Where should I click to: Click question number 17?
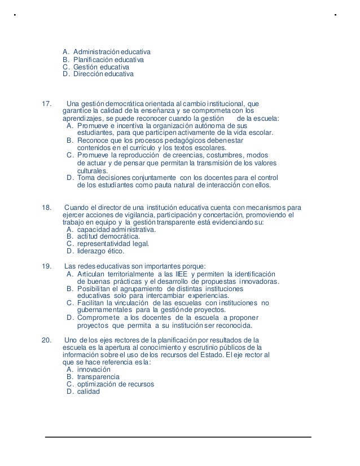[x=47, y=104]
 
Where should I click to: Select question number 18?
[x=47, y=208]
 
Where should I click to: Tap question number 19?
[x=47, y=266]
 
